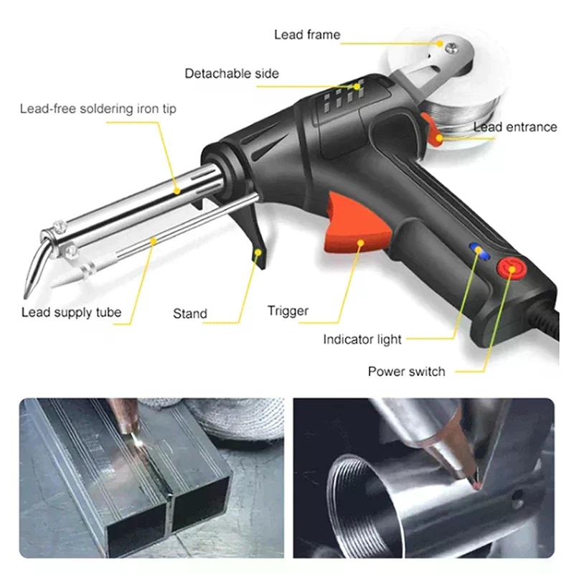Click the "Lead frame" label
(307, 34)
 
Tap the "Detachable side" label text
(232, 73)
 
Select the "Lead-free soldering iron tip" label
(98, 109)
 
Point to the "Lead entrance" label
(514, 127)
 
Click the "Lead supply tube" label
(71, 312)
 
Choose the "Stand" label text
(190, 314)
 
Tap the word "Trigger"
(288, 311)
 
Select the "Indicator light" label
(362, 339)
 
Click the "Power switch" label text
(406, 372)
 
